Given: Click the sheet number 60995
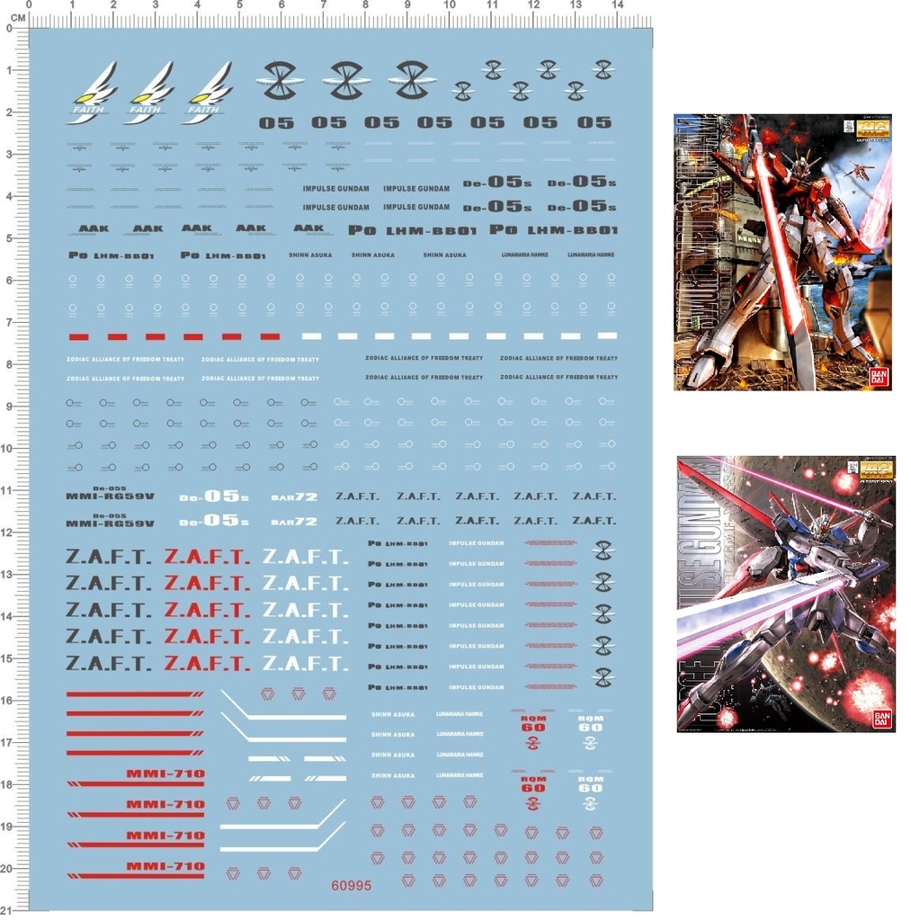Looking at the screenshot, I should [351, 885].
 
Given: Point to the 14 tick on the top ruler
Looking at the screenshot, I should [617, 5].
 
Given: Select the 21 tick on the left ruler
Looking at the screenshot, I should [7, 910].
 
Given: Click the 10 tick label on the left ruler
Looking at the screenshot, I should [7, 448].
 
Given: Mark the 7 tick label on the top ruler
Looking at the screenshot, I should [323, 5].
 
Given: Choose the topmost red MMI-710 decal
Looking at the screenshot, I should [165, 773].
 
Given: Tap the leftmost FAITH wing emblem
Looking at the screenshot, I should [92, 92].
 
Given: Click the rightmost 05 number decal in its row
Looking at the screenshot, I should [594, 122].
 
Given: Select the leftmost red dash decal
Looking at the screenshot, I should [78, 336].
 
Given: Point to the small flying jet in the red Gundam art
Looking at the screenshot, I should [860, 169].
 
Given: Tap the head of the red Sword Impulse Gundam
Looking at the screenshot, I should [797, 165].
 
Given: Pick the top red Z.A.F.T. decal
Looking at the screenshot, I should [207, 557].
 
